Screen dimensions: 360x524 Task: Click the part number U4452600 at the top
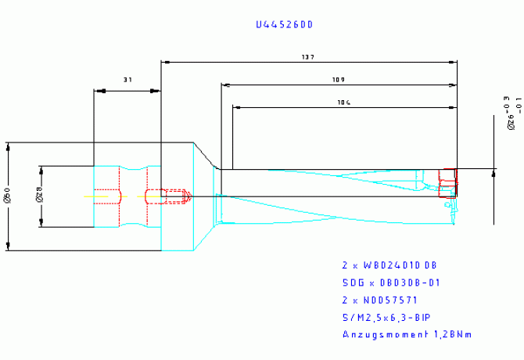[x=284, y=25]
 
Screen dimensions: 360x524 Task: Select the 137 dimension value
[x=307, y=57]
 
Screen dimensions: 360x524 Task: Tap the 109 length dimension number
[x=338, y=80]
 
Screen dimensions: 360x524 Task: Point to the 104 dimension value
[x=343, y=103]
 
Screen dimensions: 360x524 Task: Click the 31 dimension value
[x=127, y=80]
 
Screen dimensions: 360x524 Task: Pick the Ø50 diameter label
[x=7, y=197]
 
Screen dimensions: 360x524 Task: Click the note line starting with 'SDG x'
[x=392, y=283]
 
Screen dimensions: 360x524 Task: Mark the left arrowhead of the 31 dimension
[x=98, y=91]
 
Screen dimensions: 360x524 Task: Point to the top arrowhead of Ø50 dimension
[x=8, y=146]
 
